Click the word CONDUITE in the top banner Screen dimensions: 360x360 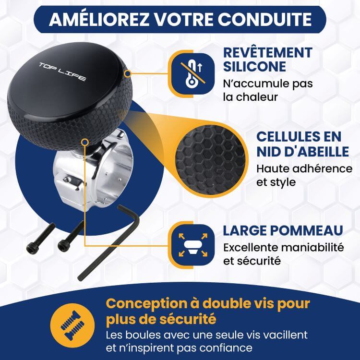(264, 19)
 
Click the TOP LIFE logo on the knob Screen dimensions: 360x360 (62, 72)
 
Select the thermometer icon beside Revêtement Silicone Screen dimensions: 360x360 (193, 74)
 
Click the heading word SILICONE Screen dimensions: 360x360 (254, 66)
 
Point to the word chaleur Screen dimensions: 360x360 (257, 96)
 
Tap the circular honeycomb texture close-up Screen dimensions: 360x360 (211, 159)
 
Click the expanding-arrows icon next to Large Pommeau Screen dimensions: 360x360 (193, 245)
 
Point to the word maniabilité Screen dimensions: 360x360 (312, 248)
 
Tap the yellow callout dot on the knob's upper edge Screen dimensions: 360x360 (128, 74)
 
